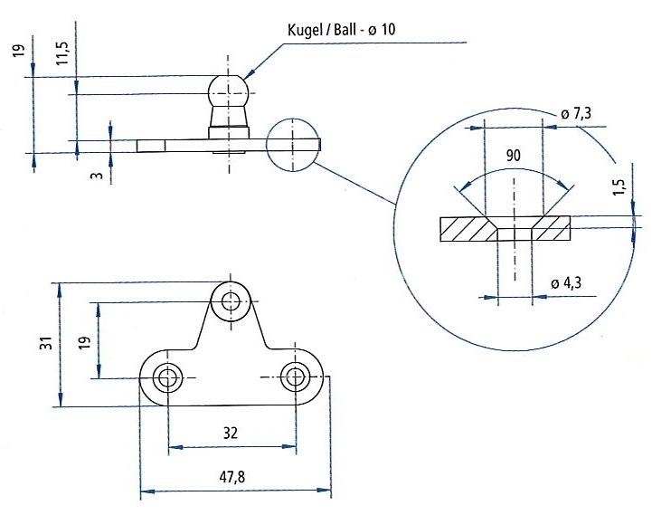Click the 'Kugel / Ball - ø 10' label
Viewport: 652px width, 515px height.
pos(338,31)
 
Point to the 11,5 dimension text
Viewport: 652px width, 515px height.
pos(61,54)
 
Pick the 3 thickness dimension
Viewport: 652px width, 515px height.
pos(95,173)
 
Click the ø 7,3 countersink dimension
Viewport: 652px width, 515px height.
pos(575,114)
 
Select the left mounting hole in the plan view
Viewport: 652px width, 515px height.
pos(167,377)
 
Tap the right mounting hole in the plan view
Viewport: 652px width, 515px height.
pos(296,377)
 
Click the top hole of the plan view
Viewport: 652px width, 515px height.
pos(232,301)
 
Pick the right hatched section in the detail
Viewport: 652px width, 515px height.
pos(553,230)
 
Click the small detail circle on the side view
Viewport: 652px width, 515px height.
pos(294,144)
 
